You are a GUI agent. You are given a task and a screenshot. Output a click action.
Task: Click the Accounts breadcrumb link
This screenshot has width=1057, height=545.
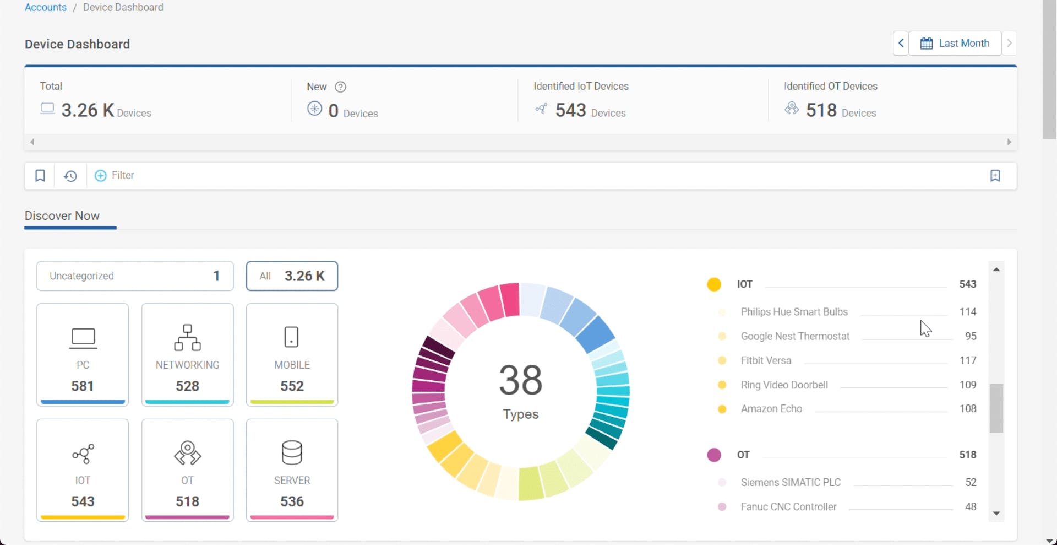tap(45, 8)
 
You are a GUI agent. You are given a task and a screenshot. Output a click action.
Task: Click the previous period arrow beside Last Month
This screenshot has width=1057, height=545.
tap(901, 43)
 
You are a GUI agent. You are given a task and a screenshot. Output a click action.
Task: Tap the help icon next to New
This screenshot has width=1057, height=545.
tap(341, 87)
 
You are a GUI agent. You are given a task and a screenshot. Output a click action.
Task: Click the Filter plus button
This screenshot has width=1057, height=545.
tap(101, 176)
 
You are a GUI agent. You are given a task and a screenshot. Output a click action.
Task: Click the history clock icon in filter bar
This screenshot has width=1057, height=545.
tap(70, 176)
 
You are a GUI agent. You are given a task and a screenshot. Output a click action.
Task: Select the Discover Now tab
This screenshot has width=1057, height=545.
tap(62, 216)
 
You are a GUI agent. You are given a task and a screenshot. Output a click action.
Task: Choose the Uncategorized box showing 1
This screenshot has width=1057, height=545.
tap(135, 276)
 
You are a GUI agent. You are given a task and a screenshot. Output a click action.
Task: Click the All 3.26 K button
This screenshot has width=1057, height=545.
tap(292, 276)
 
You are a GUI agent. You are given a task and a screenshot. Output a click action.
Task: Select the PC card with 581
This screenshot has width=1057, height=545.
tap(83, 354)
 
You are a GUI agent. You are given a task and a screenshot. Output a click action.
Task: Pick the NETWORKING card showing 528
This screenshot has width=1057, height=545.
tap(187, 354)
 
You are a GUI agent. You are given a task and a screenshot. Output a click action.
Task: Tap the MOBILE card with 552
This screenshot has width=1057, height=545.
tap(292, 354)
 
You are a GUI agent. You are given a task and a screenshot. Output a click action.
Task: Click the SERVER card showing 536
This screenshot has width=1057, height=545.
tap(292, 470)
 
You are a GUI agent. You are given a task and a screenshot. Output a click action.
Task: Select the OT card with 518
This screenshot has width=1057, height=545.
tap(187, 470)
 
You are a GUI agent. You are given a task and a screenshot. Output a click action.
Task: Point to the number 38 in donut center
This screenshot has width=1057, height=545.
tap(520, 380)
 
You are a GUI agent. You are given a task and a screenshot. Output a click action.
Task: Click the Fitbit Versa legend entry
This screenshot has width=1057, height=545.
tap(766, 361)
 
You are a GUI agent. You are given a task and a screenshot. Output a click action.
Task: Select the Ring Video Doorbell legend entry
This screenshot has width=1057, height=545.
tap(784, 385)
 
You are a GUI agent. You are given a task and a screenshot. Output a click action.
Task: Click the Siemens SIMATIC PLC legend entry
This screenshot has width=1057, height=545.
tap(791, 483)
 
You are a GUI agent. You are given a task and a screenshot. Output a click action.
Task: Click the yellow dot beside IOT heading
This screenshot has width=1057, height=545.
tap(714, 284)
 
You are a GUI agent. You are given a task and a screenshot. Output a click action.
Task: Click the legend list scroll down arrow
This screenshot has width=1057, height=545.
tap(996, 514)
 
